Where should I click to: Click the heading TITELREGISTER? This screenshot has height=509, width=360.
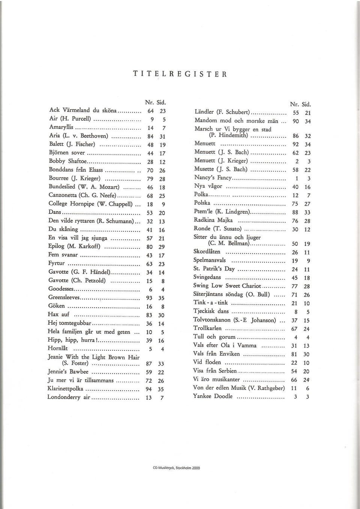tap(180, 74)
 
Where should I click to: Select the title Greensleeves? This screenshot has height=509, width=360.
tap(64, 297)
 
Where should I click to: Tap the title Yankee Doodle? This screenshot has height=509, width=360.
tap(213, 396)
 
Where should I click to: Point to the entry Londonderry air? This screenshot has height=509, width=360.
tap(69, 397)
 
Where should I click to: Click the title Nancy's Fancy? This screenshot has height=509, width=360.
tap(213, 178)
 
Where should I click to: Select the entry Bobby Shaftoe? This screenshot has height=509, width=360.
tap(68, 161)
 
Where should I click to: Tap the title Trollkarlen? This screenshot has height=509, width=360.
tap(207, 328)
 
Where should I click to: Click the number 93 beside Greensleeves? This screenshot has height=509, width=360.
tap(149, 298)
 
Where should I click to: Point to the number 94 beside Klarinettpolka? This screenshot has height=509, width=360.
tap(149, 389)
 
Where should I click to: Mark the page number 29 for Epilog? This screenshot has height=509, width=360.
tap(162, 247)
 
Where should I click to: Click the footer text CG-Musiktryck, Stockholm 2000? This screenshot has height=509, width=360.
tap(176, 468)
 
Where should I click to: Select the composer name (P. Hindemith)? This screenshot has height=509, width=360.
tap(228, 135)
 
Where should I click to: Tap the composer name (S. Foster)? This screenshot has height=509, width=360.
tap(75, 363)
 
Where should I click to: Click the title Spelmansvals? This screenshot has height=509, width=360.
tap(209, 260)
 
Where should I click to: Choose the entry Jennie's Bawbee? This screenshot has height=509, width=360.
tap(68, 372)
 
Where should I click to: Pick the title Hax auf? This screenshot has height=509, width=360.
tap(59, 314)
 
